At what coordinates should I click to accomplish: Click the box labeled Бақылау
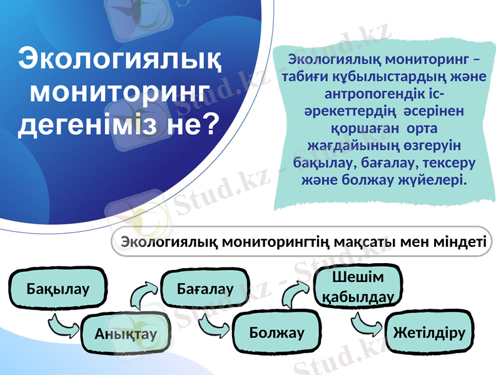(x=58, y=289)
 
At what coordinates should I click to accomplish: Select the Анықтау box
(x=126, y=333)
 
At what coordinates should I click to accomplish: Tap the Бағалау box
(x=205, y=289)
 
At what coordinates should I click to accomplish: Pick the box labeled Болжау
(x=276, y=332)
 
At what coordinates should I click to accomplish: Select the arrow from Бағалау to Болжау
(x=215, y=323)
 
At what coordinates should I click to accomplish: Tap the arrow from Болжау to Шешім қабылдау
(x=298, y=292)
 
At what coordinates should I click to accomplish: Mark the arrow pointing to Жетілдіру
(x=367, y=323)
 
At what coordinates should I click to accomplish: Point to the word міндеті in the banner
(x=456, y=241)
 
